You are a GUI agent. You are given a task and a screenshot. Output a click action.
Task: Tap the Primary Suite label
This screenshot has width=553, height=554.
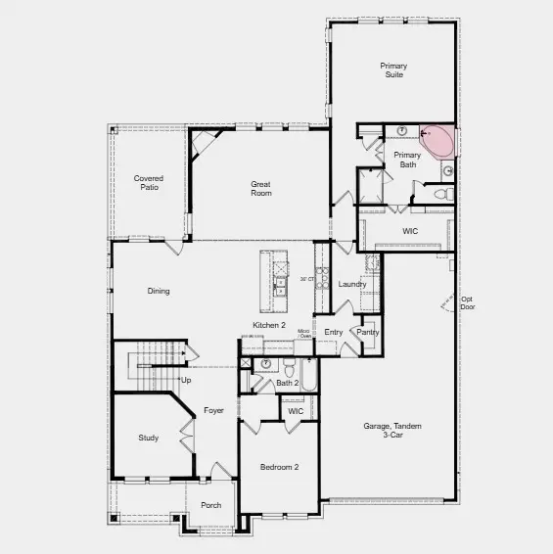pyautogui.click(x=393, y=69)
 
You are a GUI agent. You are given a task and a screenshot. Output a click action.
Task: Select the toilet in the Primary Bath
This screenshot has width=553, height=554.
pyautogui.click(x=439, y=195)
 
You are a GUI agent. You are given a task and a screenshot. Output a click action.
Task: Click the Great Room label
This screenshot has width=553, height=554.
pyautogui.click(x=260, y=189)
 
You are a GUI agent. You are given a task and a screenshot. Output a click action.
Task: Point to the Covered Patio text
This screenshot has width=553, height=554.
pyautogui.click(x=149, y=183)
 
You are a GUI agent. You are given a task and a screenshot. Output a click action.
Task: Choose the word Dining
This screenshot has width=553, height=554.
pyautogui.click(x=159, y=291)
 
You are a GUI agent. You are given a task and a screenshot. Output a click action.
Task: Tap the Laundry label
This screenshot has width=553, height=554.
pyautogui.click(x=352, y=285)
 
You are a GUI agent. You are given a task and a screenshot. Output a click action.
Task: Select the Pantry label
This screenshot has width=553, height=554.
pyautogui.click(x=368, y=332)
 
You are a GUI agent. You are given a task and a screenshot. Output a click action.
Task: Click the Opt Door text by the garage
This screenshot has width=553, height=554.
pyautogui.click(x=467, y=302)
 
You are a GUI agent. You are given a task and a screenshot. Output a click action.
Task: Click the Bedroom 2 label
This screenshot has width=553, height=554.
pyautogui.click(x=279, y=467)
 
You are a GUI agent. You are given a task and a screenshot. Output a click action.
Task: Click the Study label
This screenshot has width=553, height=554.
pyautogui.click(x=148, y=438)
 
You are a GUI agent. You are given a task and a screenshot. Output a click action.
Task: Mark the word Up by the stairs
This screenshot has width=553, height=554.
pyautogui.click(x=186, y=380)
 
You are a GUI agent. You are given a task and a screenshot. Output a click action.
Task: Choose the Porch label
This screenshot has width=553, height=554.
pyautogui.click(x=210, y=505)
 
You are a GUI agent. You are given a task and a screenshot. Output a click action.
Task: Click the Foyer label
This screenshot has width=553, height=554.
pyautogui.click(x=214, y=410)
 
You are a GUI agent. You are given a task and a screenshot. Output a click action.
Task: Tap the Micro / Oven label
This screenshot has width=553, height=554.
pyautogui.click(x=304, y=334)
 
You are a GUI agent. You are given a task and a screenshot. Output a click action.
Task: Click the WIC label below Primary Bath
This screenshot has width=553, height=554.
pyautogui.click(x=410, y=231)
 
